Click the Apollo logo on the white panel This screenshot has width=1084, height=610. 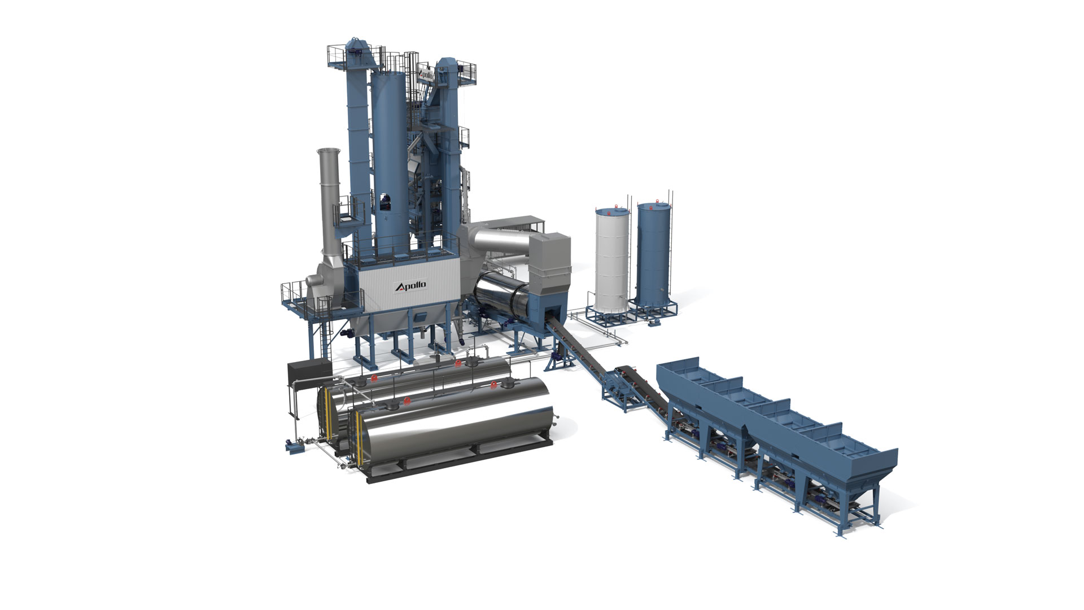point(411,287)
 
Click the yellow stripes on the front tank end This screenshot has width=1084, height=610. point(358,439)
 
